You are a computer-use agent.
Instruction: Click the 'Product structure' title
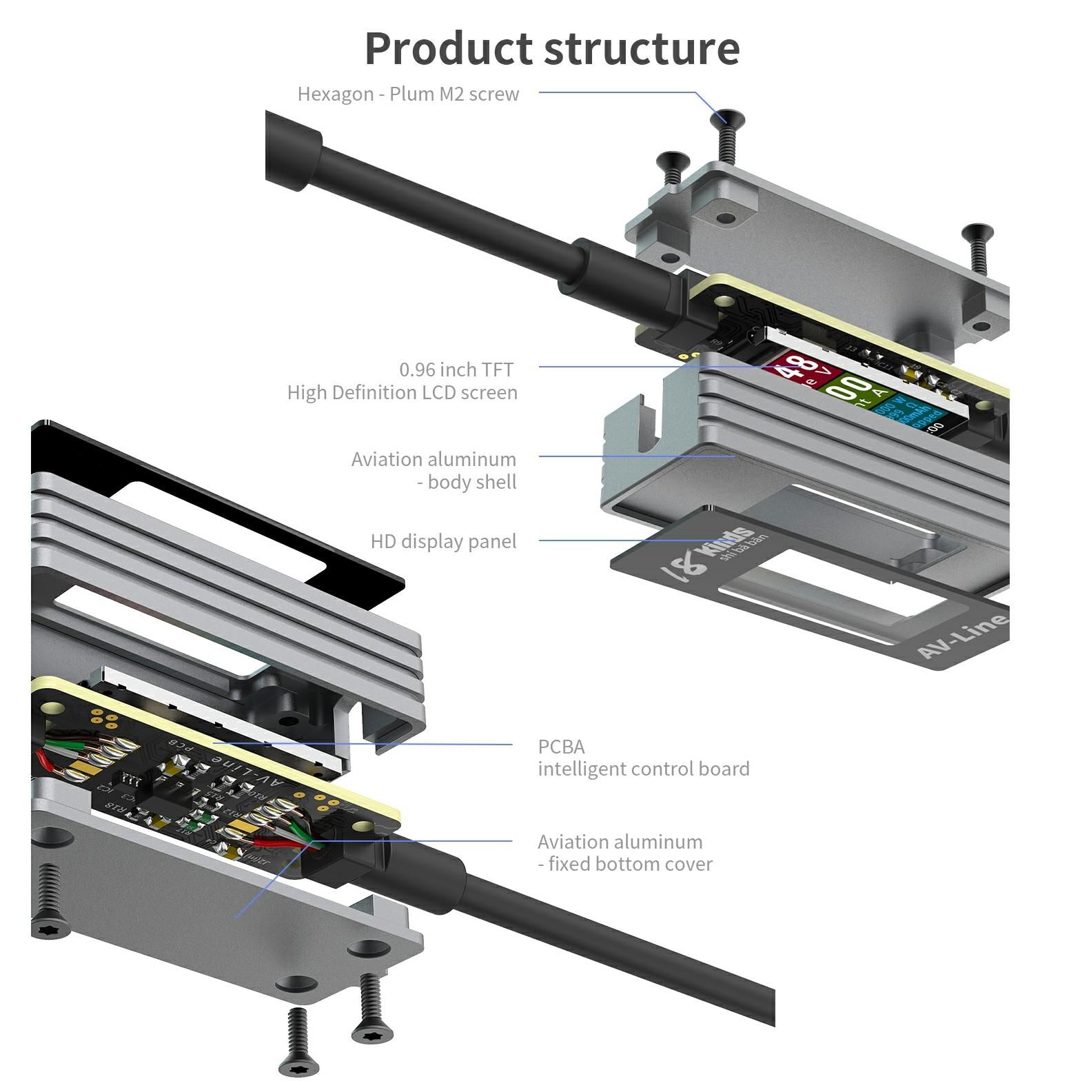(x=552, y=48)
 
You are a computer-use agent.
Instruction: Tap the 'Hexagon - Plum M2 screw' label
(x=408, y=94)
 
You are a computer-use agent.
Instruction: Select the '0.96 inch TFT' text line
(x=456, y=370)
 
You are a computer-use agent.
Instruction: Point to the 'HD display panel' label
(x=443, y=541)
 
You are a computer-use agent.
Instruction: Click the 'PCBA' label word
(x=561, y=747)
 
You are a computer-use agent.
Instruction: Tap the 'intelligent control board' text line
(x=643, y=769)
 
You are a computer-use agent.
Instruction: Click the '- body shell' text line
(x=467, y=482)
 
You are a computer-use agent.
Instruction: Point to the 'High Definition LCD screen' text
(x=403, y=392)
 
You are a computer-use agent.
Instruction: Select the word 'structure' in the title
(x=642, y=48)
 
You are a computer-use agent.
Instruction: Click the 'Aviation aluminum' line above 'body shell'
(x=434, y=459)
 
